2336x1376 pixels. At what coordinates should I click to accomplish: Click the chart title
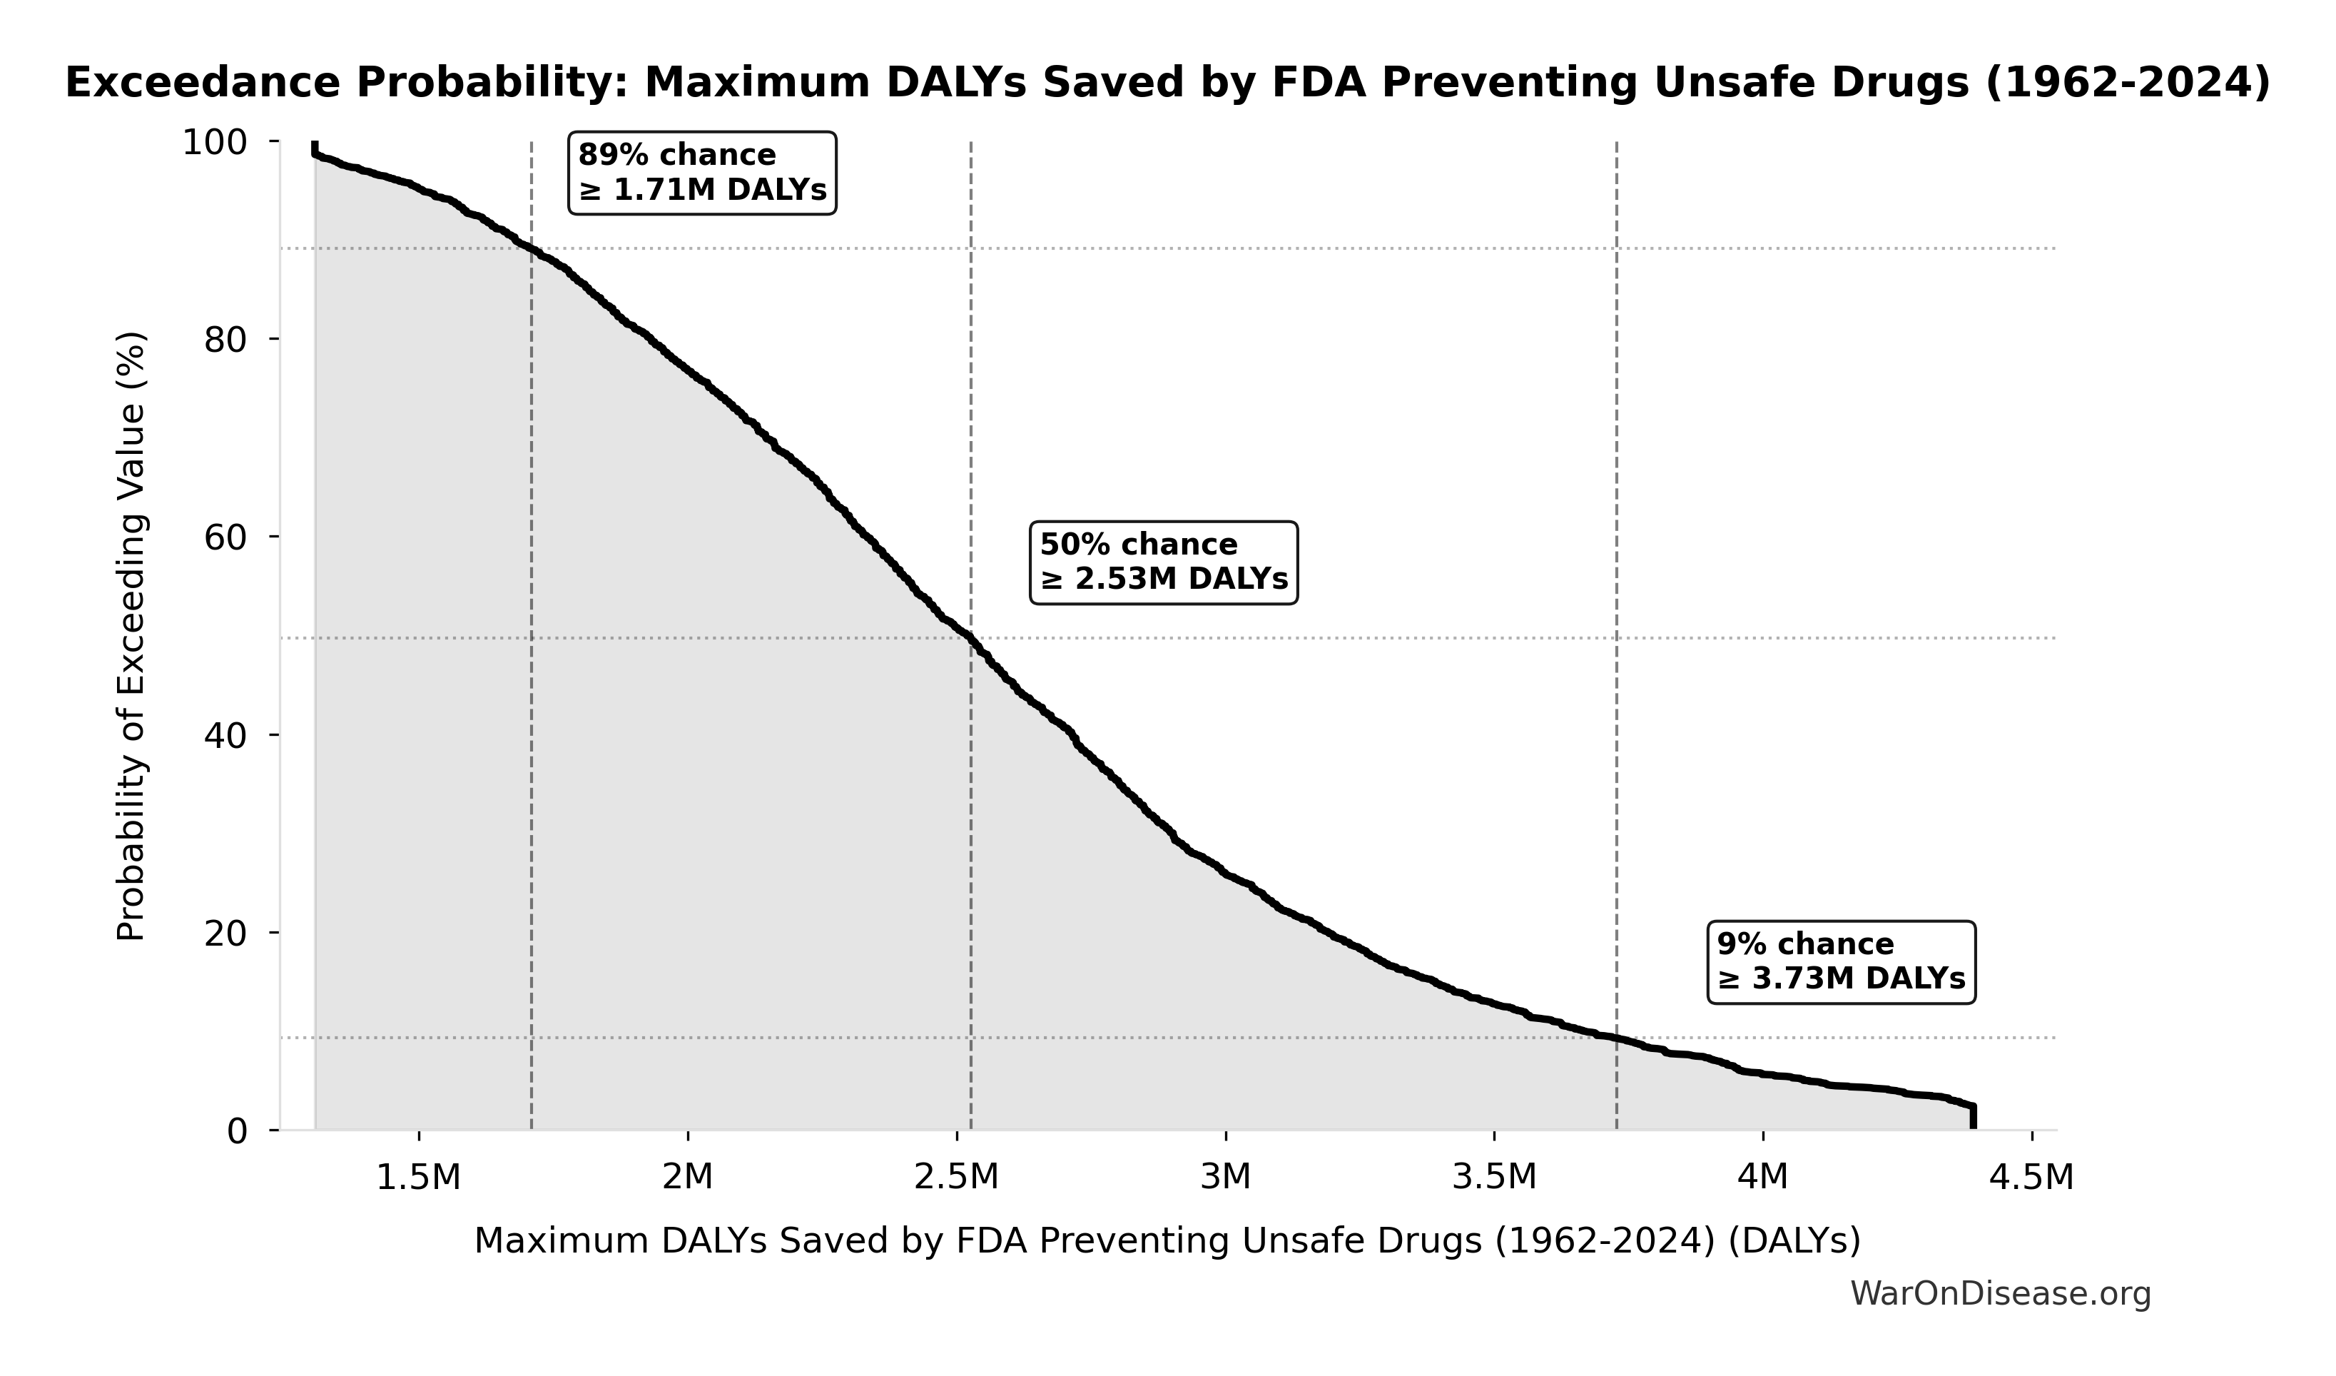[1167, 83]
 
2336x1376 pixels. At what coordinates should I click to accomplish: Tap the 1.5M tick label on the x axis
[418, 1178]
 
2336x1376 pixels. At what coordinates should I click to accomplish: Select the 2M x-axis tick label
[687, 1178]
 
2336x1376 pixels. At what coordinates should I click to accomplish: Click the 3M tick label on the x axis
[1226, 1178]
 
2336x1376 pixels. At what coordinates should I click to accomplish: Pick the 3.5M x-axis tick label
[1493, 1178]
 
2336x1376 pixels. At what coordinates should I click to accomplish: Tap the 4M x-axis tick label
[1762, 1178]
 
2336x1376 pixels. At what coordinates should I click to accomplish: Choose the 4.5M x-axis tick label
[2031, 1178]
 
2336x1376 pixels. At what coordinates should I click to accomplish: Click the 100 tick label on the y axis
[214, 143]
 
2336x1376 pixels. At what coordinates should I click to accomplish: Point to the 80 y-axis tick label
[225, 340]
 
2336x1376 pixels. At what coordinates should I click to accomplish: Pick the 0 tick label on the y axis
[238, 1131]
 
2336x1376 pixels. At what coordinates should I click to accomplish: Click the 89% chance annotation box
[701, 173]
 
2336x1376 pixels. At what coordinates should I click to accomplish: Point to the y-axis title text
[131, 636]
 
